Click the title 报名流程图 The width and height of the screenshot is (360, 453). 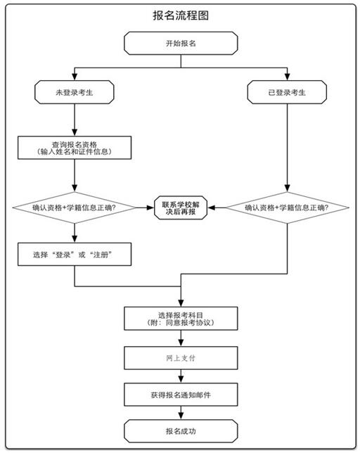tap(181, 15)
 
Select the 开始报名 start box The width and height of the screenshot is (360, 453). tap(181, 43)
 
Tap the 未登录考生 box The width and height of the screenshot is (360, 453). tap(75, 92)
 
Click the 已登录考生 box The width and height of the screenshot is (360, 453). tap(287, 92)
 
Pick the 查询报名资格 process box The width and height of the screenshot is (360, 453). tap(75, 148)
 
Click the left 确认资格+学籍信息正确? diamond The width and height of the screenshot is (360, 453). tap(75, 208)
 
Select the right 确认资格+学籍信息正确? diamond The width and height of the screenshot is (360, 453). tap(288, 208)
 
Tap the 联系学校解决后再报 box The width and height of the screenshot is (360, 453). tap(181, 208)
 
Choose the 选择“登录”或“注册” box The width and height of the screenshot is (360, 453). tap(75, 254)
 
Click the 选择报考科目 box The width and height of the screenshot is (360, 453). tap(181, 319)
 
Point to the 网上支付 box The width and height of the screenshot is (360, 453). tap(181, 358)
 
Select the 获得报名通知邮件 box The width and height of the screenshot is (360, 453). tap(181, 395)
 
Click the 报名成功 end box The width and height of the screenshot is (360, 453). tap(181, 431)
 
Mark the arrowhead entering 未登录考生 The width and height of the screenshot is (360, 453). tap(75, 77)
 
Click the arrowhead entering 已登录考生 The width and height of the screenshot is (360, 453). tap(288, 77)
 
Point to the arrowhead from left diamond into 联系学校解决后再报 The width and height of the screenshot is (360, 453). tap(150, 208)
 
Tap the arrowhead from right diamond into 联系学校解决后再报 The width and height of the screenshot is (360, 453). tap(212, 208)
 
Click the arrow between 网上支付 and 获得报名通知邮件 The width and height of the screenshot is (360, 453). tap(181, 376)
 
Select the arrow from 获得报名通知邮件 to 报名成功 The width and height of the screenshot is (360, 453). tap(181, 412)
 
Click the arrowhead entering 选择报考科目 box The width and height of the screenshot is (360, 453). tap(181, 302)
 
